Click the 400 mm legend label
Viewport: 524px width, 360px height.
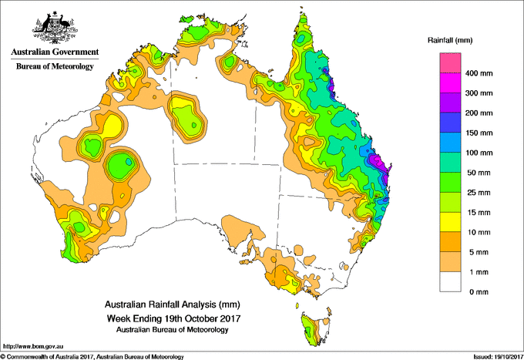[x=479, y=73]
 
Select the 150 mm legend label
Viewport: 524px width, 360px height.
[x=479, y=133]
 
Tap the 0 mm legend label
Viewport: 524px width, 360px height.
[x=479, y=292]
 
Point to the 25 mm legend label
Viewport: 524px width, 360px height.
[x=479, y=193]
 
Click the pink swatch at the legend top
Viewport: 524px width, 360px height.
[x=450, y=63]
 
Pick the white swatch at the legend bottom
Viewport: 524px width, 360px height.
[x=450, y=282]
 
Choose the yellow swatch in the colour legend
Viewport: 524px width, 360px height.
[x=450, y=222]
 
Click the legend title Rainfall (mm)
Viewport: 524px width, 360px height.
[x=450, y=40]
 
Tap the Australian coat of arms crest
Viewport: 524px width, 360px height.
[x=55, y=28]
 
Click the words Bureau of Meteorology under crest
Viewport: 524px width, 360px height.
[x=55, y=66]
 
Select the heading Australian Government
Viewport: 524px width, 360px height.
[x=55, y=52]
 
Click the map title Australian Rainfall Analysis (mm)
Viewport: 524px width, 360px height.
[x=173, y=304]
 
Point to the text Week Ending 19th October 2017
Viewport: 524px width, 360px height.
[x=173, y=318]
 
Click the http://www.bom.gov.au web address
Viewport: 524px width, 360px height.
[x=33, y=346]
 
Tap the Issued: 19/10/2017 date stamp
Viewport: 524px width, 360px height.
[x=499, y=357]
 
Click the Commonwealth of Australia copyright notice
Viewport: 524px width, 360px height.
[x=92, y=357]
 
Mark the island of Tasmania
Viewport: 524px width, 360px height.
[x=315, y=329]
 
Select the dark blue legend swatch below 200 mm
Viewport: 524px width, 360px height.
[x=450, y=123]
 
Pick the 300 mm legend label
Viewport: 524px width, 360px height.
[x=479, y=93]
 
